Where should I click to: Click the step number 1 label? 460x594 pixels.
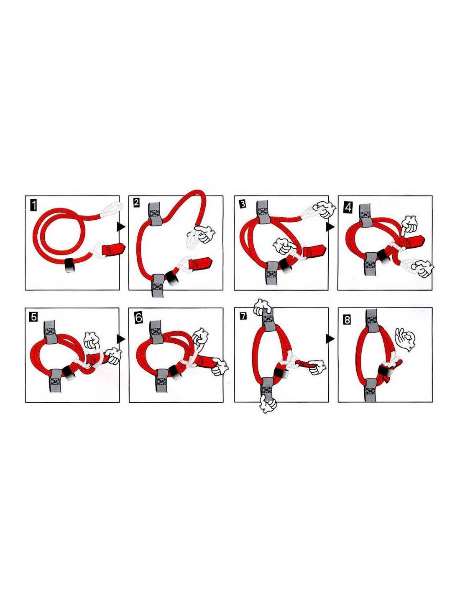tap(33, 205)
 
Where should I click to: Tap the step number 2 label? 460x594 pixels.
tap(136, 203)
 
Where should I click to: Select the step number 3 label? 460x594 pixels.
tap(242, 204)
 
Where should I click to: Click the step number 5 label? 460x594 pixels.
tap(33, 317)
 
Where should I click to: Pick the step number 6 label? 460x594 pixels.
tap(139, 318)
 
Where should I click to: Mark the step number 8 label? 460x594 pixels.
tap(347, 320)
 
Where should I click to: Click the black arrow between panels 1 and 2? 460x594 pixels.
tap(121, 226)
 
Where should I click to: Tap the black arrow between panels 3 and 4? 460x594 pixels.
tap(330, 226)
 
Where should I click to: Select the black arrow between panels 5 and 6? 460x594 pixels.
tap(121, 339)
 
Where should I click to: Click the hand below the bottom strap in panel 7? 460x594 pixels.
tap(267, 406)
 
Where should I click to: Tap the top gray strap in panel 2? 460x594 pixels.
tap(155, 213)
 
